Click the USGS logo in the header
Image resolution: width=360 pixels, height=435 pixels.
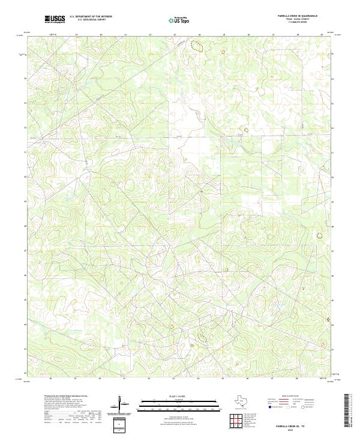click(55, 19)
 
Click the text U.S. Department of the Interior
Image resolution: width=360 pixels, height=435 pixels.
click(91, 17)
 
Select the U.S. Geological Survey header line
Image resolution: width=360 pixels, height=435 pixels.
click(91, 20)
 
